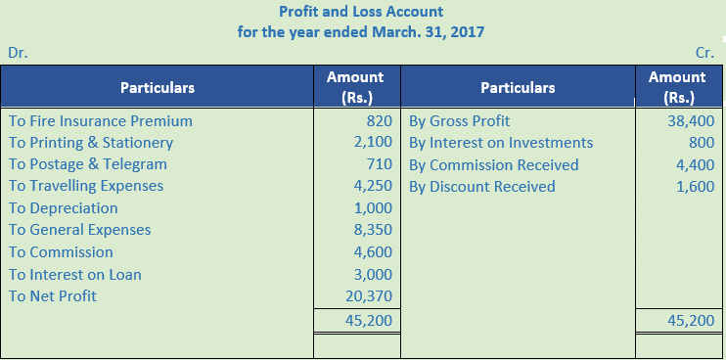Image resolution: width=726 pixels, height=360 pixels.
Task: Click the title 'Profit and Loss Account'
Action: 361,12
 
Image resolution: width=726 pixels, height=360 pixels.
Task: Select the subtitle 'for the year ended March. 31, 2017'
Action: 361,31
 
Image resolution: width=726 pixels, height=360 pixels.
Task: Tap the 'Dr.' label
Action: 18,53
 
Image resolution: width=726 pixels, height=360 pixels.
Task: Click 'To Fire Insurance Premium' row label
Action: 101,121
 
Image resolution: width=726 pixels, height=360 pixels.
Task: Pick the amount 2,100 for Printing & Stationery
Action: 373,143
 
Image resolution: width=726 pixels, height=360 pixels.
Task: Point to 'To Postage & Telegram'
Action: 88,164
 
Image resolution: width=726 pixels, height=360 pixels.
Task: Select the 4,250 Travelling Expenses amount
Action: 373,186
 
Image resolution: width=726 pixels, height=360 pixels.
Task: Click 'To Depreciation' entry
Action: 64,207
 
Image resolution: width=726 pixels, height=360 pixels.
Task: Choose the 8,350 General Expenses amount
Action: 373,230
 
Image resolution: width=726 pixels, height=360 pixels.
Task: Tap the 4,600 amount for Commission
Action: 373,252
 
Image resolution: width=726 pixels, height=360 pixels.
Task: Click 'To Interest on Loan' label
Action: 75,274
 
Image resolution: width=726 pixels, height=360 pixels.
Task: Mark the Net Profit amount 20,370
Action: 369,295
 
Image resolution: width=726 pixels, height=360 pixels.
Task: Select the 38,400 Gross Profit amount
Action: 689,121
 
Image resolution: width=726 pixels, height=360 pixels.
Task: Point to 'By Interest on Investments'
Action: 501,143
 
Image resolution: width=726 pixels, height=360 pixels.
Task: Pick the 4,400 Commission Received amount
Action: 693,164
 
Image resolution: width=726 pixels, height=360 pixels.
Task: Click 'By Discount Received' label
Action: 482,186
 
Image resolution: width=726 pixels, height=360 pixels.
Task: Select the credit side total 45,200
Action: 689,320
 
